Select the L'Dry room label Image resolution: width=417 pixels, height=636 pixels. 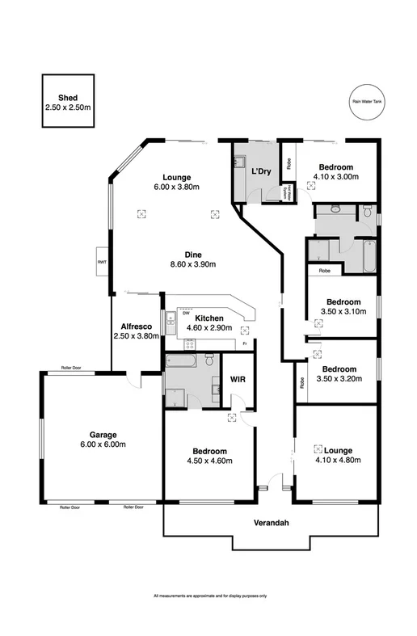[x=260, y=171]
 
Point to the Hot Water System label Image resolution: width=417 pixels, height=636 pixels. [x=286, y=193]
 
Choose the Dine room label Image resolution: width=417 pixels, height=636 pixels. [x=192, y=255]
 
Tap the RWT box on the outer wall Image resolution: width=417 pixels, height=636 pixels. [x=103, y=262]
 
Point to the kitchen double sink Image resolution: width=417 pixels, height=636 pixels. [x=170, y=324]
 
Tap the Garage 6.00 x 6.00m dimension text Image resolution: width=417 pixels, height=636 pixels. [x=101, y=444]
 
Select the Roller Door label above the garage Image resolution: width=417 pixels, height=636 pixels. [x=72, y=368]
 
